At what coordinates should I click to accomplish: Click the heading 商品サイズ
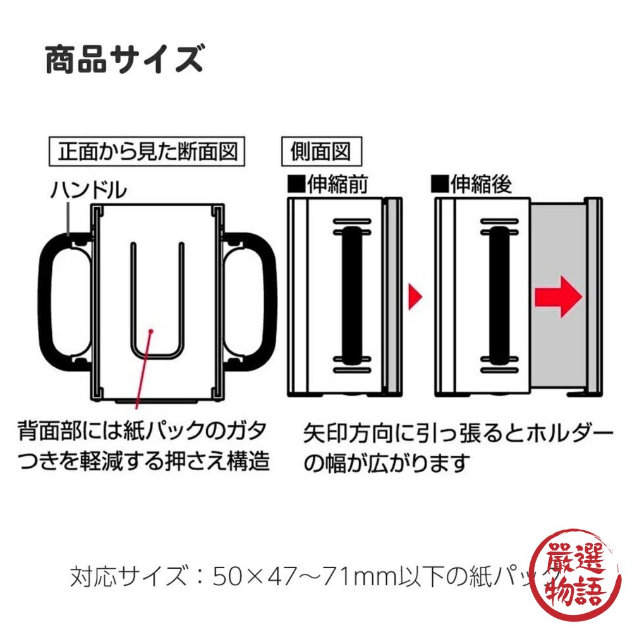click(124, 60)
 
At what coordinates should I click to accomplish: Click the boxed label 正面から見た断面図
click(147, 152)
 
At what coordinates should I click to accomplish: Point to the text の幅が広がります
click(388, 464)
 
